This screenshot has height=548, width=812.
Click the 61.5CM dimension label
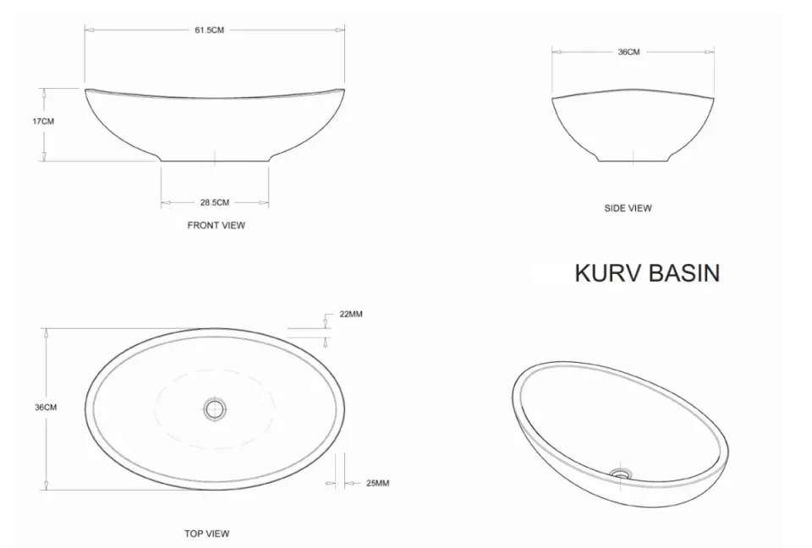tap(210, 30)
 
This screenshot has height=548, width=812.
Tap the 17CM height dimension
tap(43, 121)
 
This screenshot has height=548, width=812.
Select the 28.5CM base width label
tap(215, 202)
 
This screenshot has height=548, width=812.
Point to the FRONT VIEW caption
tap(216, 226)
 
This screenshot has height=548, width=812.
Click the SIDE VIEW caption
tap(628, 208)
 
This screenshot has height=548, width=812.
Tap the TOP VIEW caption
tap(206, 534)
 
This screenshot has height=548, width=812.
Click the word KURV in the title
tap(608, 273)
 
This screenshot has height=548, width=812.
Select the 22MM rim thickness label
tap(351, 314)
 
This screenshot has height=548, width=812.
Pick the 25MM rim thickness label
tap(377, 484)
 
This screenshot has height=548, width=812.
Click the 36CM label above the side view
tap(628, 52)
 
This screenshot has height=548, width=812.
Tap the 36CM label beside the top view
tap(46, 408)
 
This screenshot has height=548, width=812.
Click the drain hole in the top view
tap(215, 410)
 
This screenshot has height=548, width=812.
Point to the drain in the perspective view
tap(622, 474)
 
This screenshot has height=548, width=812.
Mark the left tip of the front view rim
tap(86, 89)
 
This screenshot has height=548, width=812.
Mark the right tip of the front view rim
tap(344, 88)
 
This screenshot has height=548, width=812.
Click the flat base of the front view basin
tap(215, 161)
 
